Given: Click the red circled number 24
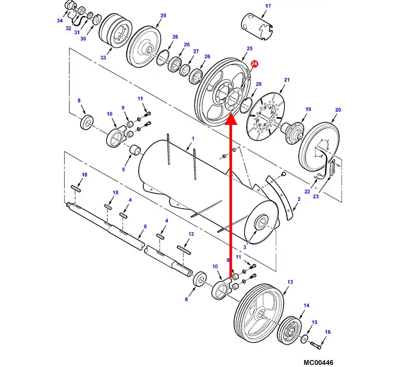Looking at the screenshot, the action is click(254, 64).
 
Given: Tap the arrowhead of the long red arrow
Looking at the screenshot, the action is click(231, 119).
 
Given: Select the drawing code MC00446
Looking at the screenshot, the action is click(319, 362).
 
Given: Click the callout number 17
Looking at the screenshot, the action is click(268, 6).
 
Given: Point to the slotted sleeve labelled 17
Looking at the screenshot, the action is click(257, 27).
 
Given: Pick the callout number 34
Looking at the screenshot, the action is click(60, 20).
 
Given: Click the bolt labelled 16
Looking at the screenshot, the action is click(315, 345).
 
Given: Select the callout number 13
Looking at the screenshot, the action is click(290, 282).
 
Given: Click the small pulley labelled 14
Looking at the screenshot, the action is click(289, 330).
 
